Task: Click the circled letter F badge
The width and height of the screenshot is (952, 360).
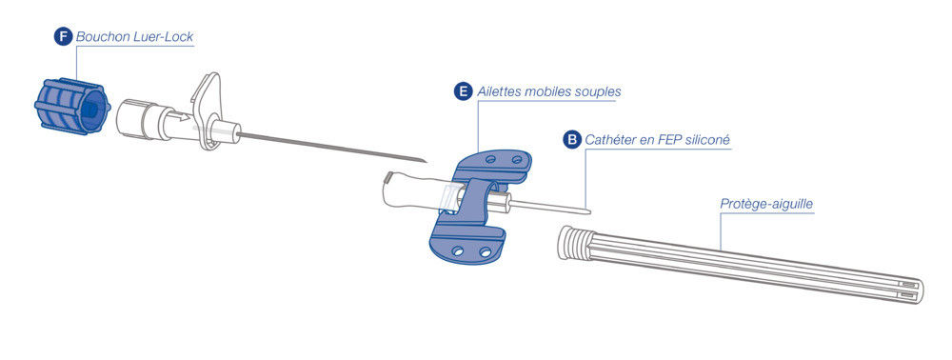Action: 63,36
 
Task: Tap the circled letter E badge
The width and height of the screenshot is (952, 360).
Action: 464,91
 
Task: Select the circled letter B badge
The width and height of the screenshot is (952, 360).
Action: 571,140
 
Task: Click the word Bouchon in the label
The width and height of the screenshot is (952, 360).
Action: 103,36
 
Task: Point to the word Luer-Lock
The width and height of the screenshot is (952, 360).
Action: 164,36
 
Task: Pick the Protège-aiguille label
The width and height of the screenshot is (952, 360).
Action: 766,204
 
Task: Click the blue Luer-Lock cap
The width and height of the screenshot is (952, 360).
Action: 72,107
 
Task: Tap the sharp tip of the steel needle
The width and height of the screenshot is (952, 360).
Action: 426,162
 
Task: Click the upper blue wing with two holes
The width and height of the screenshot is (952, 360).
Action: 492,165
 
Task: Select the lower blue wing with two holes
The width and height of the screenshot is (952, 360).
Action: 466,246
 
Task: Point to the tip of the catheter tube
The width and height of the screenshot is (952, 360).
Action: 590,211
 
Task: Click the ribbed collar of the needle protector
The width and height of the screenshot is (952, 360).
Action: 572,242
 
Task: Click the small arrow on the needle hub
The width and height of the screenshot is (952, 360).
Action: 180,116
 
